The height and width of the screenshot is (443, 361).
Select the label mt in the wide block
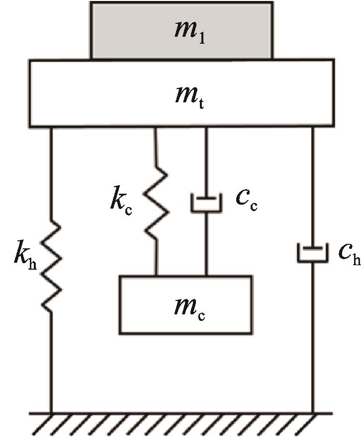pos(189,97)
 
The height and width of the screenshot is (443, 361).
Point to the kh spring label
pos(25,255)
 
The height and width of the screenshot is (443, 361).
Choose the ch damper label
pos(350,253)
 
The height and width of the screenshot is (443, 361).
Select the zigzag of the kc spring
pos(156,202)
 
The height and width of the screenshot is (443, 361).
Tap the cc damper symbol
pos(206,202)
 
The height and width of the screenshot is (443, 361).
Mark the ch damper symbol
pos(313,253)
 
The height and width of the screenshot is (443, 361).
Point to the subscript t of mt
pos(200,103)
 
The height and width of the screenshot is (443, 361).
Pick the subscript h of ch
pos(357,259)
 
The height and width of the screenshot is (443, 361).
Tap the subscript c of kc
pos(128,210)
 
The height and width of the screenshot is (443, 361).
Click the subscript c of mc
pos(201,315)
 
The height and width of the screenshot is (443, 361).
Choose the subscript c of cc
pos(254,206)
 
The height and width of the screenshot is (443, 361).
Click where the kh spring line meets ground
pos(51,413)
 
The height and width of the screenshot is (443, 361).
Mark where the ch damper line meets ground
pos(313,413)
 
